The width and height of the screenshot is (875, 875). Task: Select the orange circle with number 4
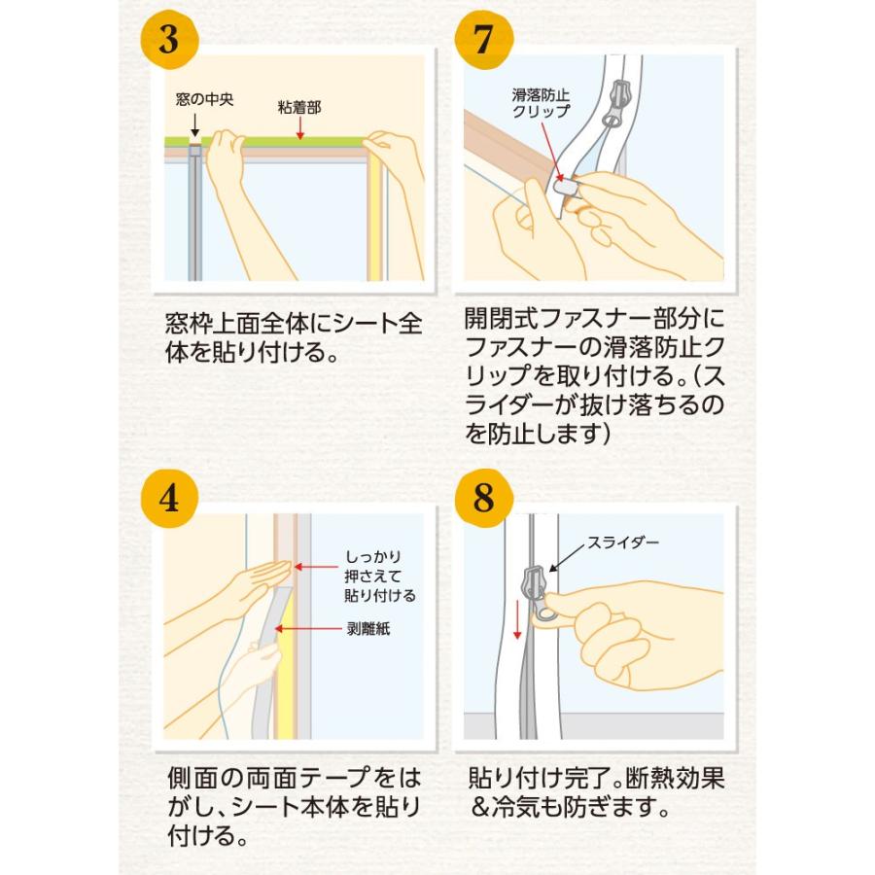pyautogui.click(x=170, y=498)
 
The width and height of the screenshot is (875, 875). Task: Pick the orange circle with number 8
pyautogui.click(x=484, y=498)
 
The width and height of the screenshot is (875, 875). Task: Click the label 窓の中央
pyautogui.click(x=205, y=99)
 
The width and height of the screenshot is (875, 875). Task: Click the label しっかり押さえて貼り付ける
pyautogui.click(x=380, y=576)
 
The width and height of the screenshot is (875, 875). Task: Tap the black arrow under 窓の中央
pyautogui.click(x=195, y=124)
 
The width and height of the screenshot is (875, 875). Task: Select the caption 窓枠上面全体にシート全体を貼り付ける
pyautogui.click(x=293, y=336)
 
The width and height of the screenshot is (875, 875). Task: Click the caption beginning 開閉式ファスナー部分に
pyautogui.click(x=595, y=374)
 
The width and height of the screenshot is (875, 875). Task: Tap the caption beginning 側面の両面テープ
pyautogui.click(x=293, y=806)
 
